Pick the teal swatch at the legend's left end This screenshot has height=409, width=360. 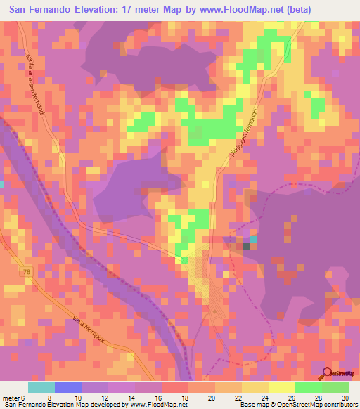pos(41,387)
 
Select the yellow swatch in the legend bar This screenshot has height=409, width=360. pos(282,387)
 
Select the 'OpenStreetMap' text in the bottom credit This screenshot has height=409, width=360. pos(300,405)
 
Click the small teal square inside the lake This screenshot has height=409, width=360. pos(254,240)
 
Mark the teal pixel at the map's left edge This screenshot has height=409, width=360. pos(2,183)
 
